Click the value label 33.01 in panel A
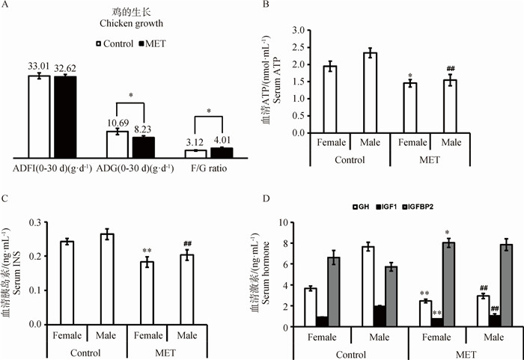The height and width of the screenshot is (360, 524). click(x=38, y=66)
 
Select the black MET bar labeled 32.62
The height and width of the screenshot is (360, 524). click(x=65, y=116)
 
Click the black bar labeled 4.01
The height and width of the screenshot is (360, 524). click(x=222, y=152)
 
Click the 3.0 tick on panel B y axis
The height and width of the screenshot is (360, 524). click(x=300, y=31)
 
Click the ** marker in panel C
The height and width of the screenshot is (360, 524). click(x=146, y=252)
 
